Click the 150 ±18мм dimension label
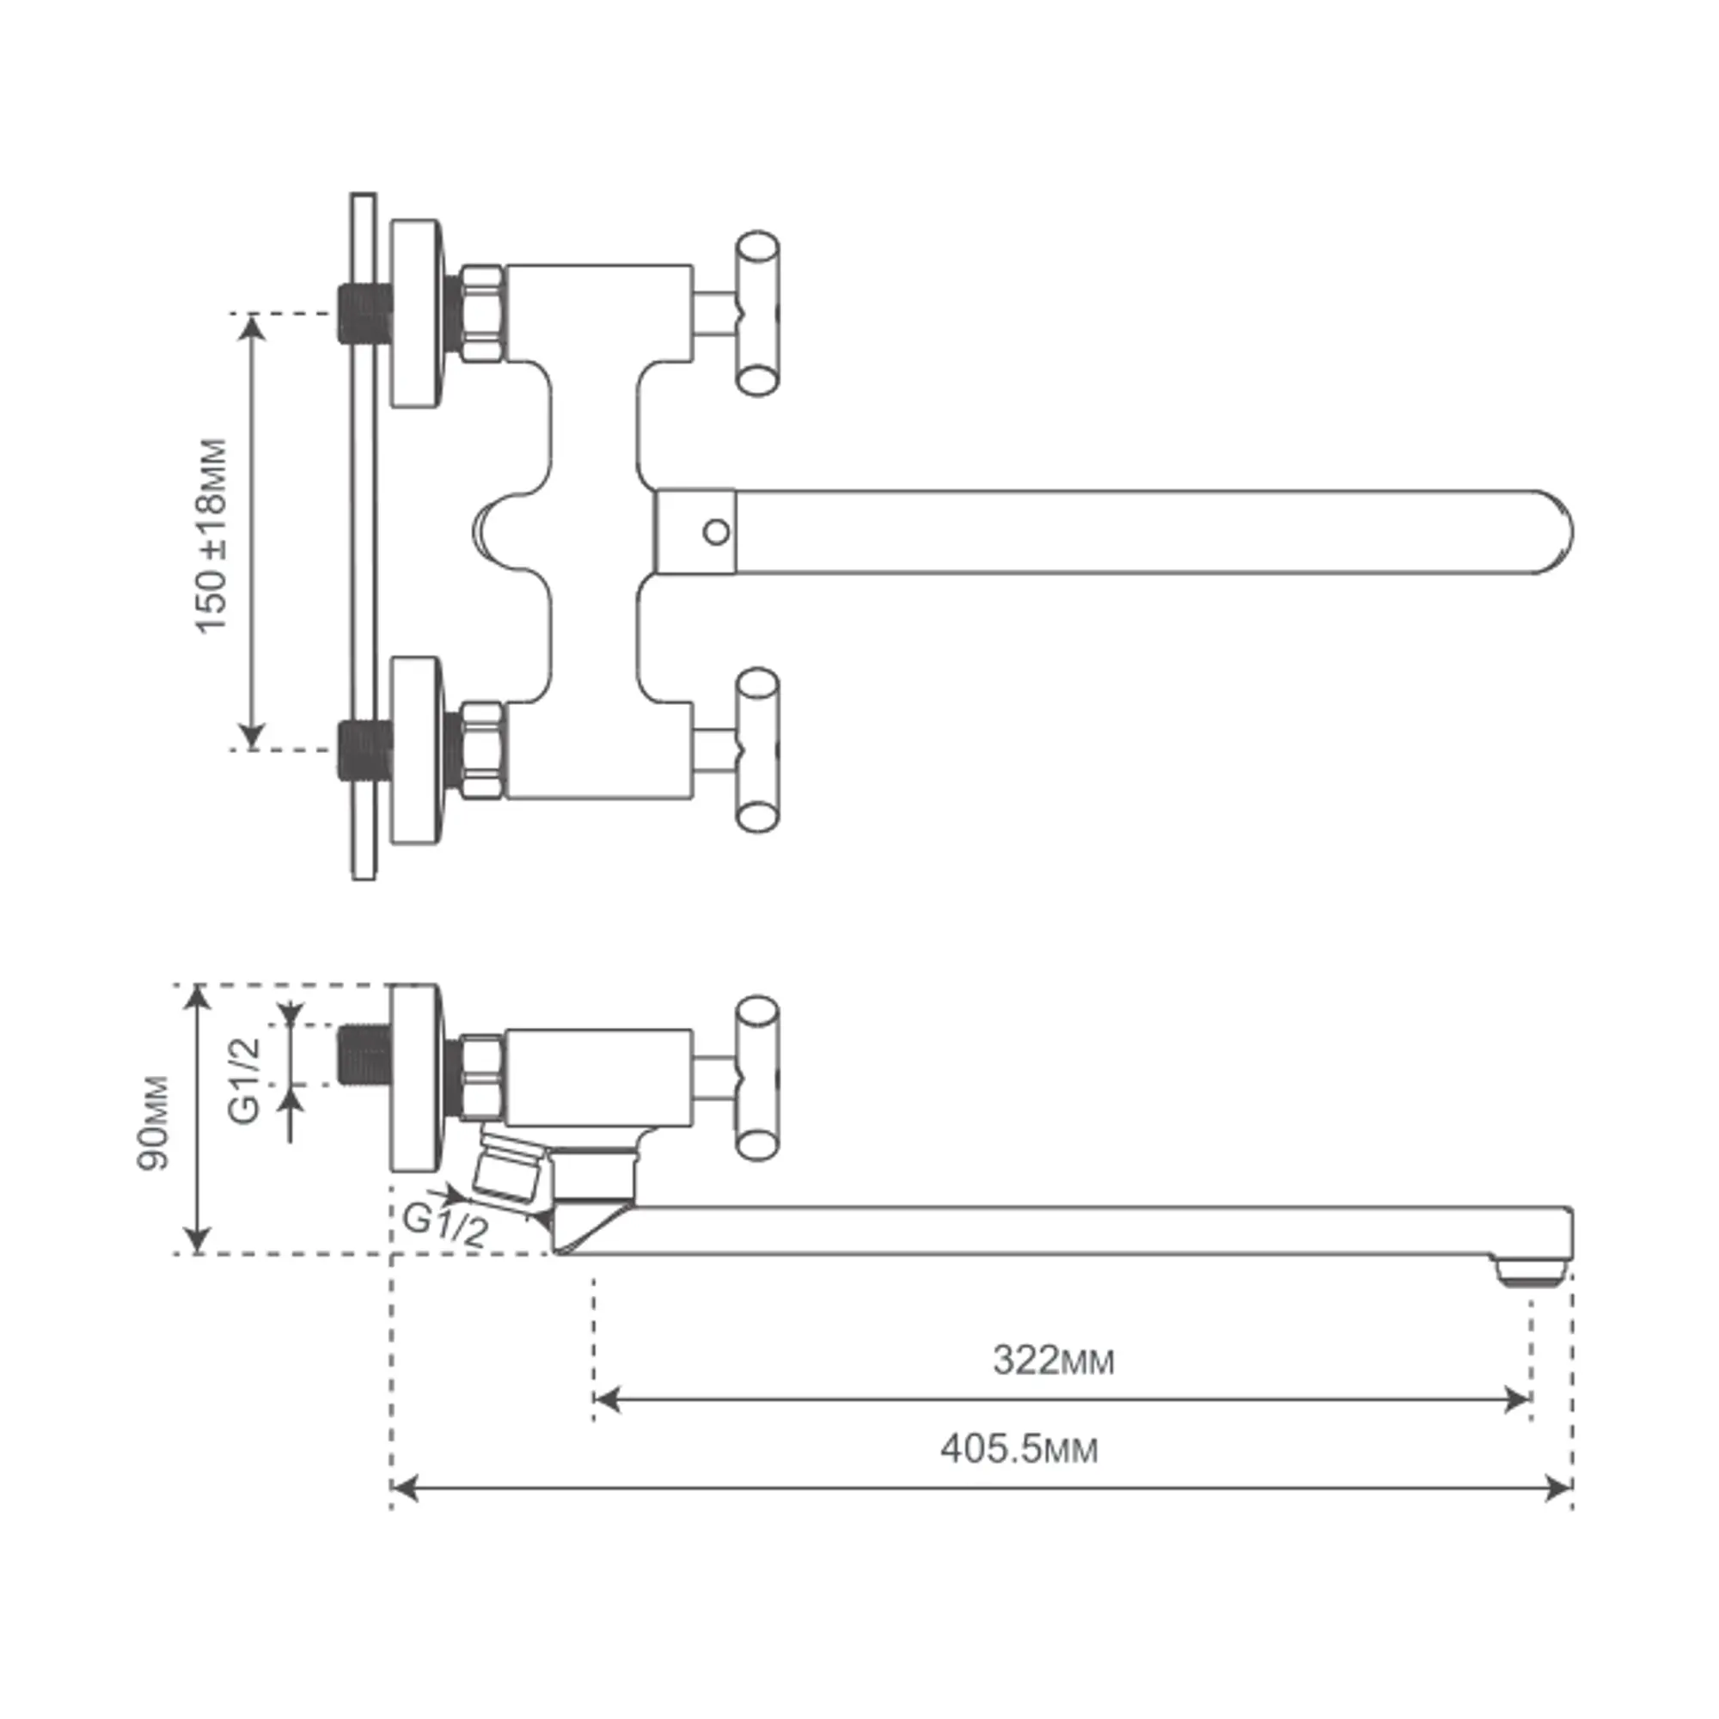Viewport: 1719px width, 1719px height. pyautogui.click(x=211, y=535)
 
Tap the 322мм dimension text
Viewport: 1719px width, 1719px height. pyautogui.click(x=1054, y=1361)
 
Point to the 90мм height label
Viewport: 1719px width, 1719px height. pyautogui.click(x=153, y=1123)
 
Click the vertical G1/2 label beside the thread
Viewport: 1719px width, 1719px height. pyautogui.click(x=245, y=1080)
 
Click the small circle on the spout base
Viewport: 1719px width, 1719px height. pyautogui.click(x=716, y=532)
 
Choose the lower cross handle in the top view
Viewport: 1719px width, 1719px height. pyautogui.click(x=758, y=751)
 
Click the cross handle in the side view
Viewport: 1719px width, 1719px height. pyautogui.click(x=758, y=1078)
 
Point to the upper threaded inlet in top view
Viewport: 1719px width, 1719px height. pyautogui.click(x=364, y=313)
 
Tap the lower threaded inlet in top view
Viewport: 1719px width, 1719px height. pyautogui.click(x=364, y=750)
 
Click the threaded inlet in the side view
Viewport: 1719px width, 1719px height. pyautogui.click(x=364, y=1055)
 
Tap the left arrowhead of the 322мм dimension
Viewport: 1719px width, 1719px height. pyautogui.click(x=607, y=1399)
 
